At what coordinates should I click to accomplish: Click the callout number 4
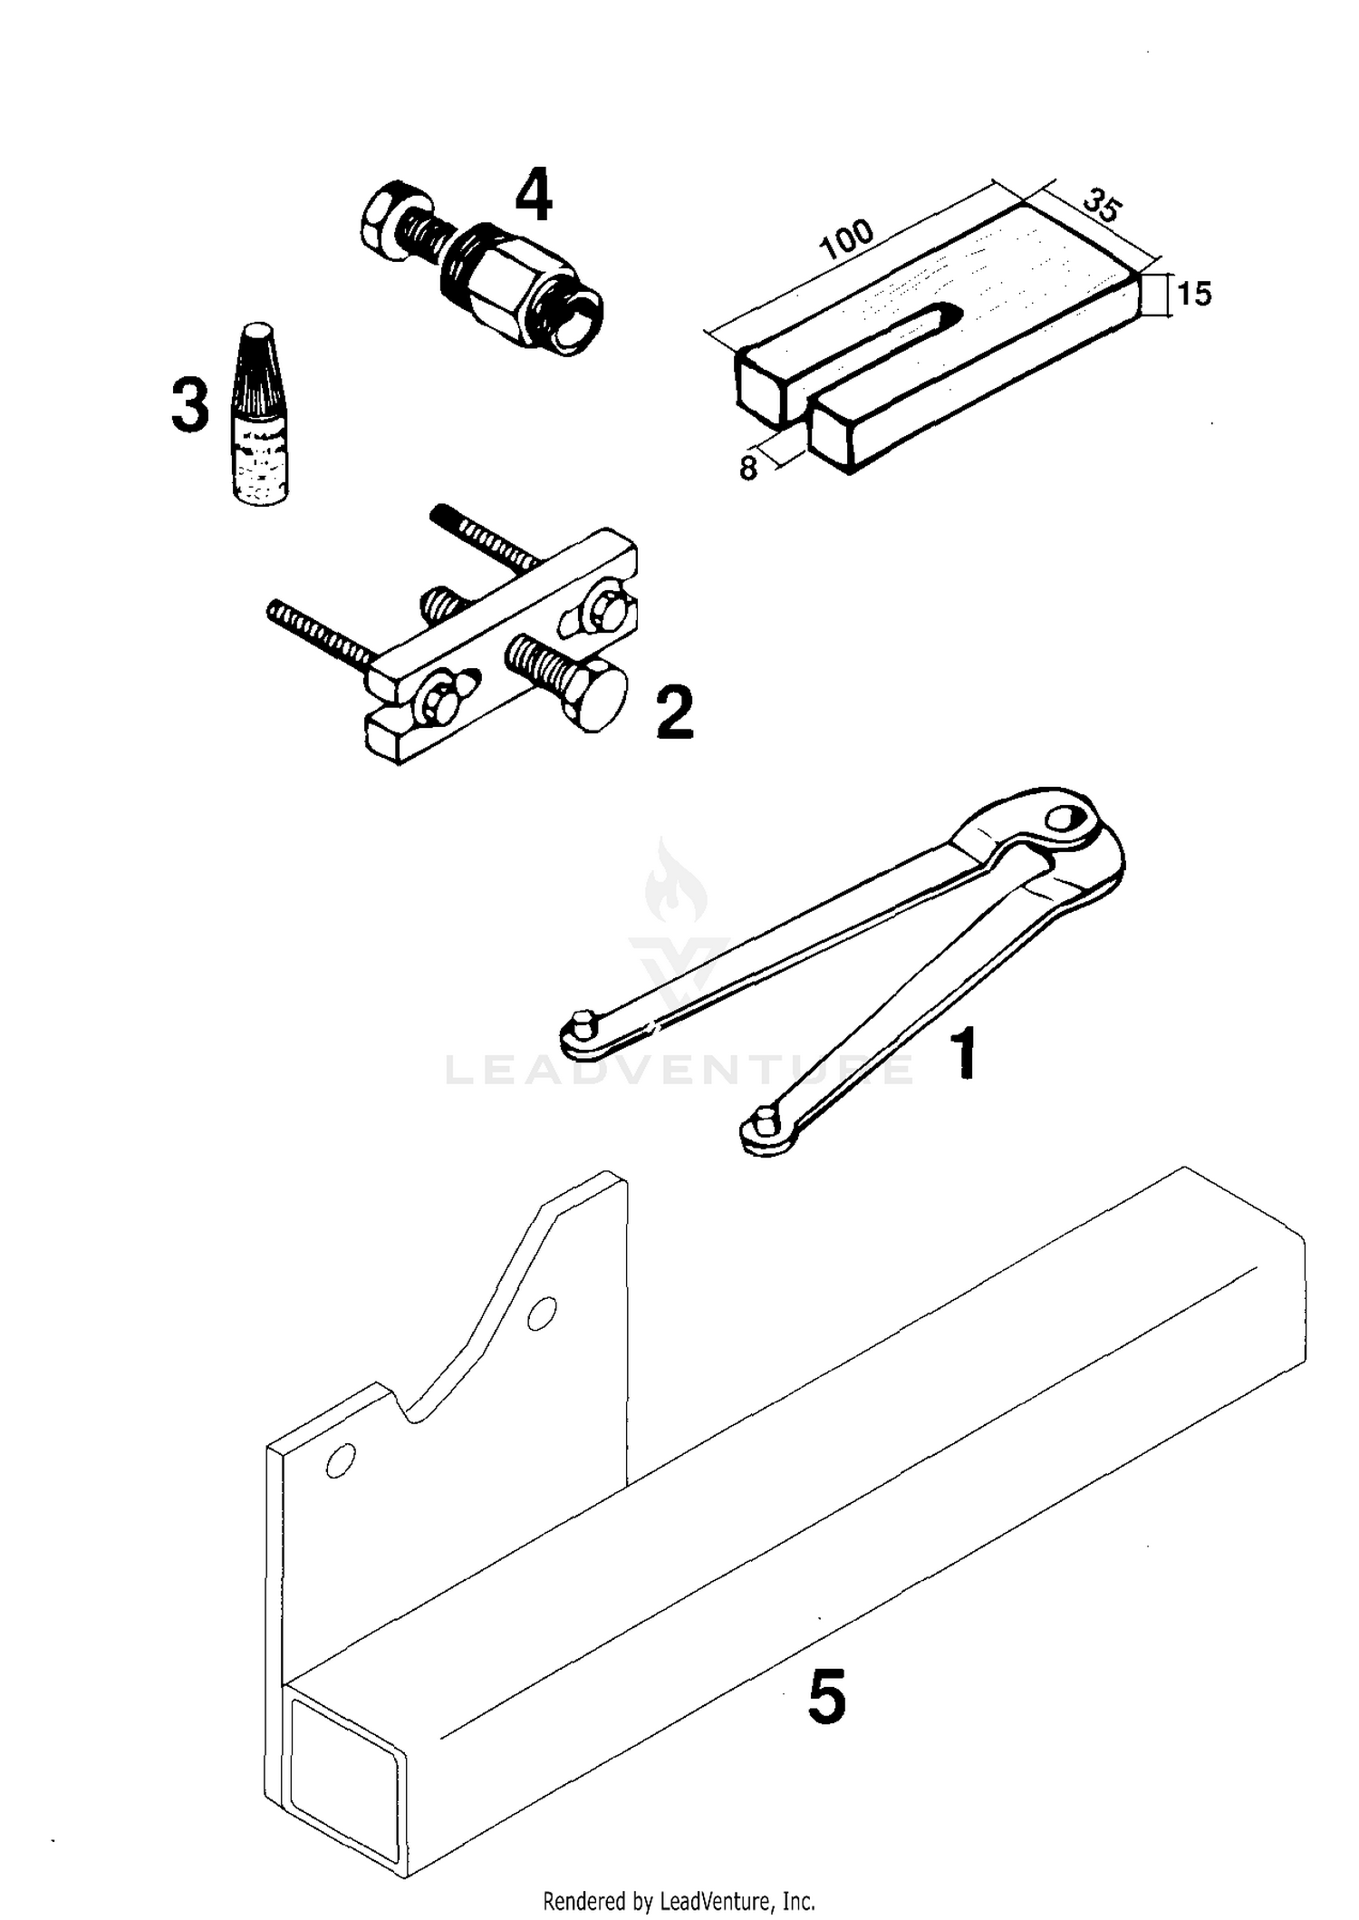point(534,197)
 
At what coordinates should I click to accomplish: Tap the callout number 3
point(190,405)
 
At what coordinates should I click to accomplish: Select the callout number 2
point(675,713)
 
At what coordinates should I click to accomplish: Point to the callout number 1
point(965,1054)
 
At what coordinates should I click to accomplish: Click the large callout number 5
point(826,1698)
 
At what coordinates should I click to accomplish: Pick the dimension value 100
point(846,239)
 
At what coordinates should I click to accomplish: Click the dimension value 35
point(1103,206)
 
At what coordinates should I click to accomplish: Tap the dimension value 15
point(1193,295)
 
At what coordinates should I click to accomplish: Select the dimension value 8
point(748,469)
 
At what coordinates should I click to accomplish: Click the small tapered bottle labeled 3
point(259,417)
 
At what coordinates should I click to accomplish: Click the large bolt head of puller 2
point(594,699)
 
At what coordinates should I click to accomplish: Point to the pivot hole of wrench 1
point(1062,819)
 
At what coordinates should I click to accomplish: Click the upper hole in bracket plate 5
point(541,1313)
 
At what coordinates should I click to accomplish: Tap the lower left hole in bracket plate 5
point(341,1460)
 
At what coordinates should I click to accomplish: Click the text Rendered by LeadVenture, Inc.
point(679,1900)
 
